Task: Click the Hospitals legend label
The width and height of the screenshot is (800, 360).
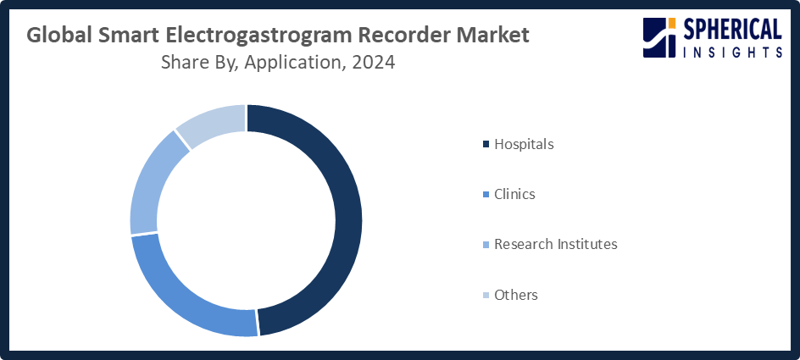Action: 524,144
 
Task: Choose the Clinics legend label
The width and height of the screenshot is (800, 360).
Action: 514,194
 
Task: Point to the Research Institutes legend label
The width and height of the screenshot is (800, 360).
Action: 556,244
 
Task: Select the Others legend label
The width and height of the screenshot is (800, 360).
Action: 516,295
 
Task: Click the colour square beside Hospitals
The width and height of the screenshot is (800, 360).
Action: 486,144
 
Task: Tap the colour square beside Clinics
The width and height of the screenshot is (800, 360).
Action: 486,194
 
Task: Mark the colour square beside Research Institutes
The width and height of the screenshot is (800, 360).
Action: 486,244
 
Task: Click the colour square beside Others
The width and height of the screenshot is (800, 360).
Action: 486,295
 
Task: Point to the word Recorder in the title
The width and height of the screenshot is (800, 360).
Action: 402,36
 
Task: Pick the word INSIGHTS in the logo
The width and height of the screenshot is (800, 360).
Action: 732,52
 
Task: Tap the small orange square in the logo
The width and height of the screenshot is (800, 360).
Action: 672,22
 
